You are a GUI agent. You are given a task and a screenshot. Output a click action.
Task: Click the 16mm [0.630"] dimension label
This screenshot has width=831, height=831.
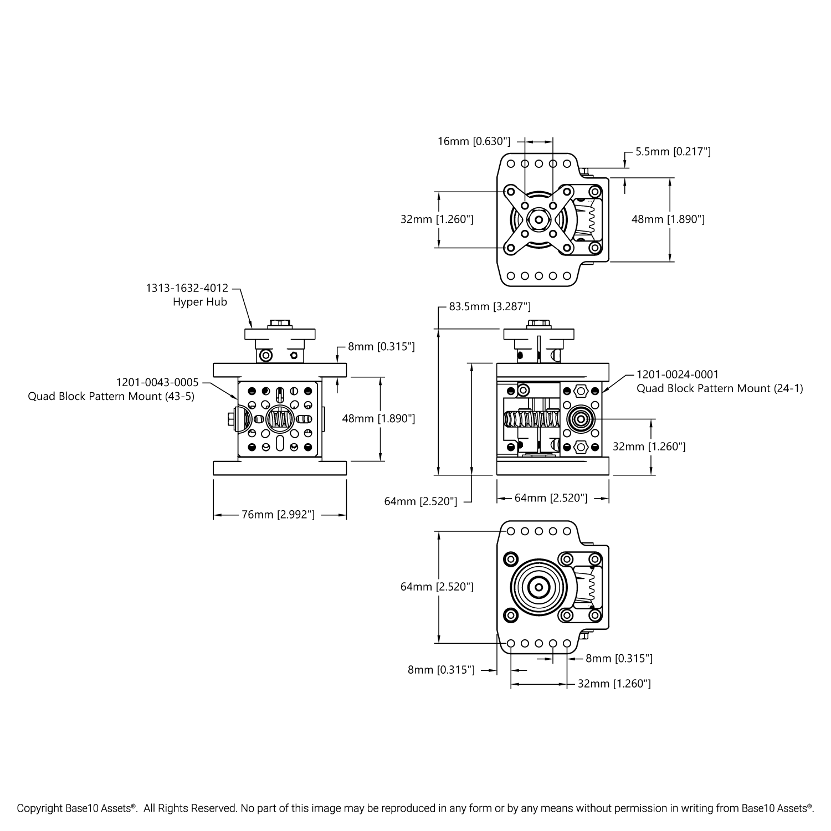474,141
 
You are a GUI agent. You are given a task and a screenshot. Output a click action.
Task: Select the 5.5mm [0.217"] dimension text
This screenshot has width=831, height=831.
673,151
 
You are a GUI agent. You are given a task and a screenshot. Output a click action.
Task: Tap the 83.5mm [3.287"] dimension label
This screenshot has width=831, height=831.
490,306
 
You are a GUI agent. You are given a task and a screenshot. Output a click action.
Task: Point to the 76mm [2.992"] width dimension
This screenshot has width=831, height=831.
278,515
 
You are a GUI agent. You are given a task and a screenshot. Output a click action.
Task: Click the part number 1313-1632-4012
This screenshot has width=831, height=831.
187,288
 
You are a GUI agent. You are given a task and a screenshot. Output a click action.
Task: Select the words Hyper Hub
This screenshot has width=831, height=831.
200,302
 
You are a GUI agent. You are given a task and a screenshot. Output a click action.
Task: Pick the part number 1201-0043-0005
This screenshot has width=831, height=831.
157,382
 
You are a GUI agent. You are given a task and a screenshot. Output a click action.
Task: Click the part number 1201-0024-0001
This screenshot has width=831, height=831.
677,375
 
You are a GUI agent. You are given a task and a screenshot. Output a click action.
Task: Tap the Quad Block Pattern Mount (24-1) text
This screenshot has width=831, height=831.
719,388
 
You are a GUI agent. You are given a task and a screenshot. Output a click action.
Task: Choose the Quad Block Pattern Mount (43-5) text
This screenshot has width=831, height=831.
111,396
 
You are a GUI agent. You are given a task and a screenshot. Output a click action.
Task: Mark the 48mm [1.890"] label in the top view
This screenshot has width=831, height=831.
668,219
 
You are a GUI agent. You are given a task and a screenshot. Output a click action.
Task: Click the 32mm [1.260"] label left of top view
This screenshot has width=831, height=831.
437,219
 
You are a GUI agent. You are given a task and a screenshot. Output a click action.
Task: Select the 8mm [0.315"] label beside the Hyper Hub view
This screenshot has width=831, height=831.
381,347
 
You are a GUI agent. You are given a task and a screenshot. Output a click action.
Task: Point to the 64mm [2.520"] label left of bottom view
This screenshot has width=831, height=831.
437,587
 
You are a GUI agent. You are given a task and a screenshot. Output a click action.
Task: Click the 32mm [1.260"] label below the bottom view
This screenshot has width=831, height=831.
614,684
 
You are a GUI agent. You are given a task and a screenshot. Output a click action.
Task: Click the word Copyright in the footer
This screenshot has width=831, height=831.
38,808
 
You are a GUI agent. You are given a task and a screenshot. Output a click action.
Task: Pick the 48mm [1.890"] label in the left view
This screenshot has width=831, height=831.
378,418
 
